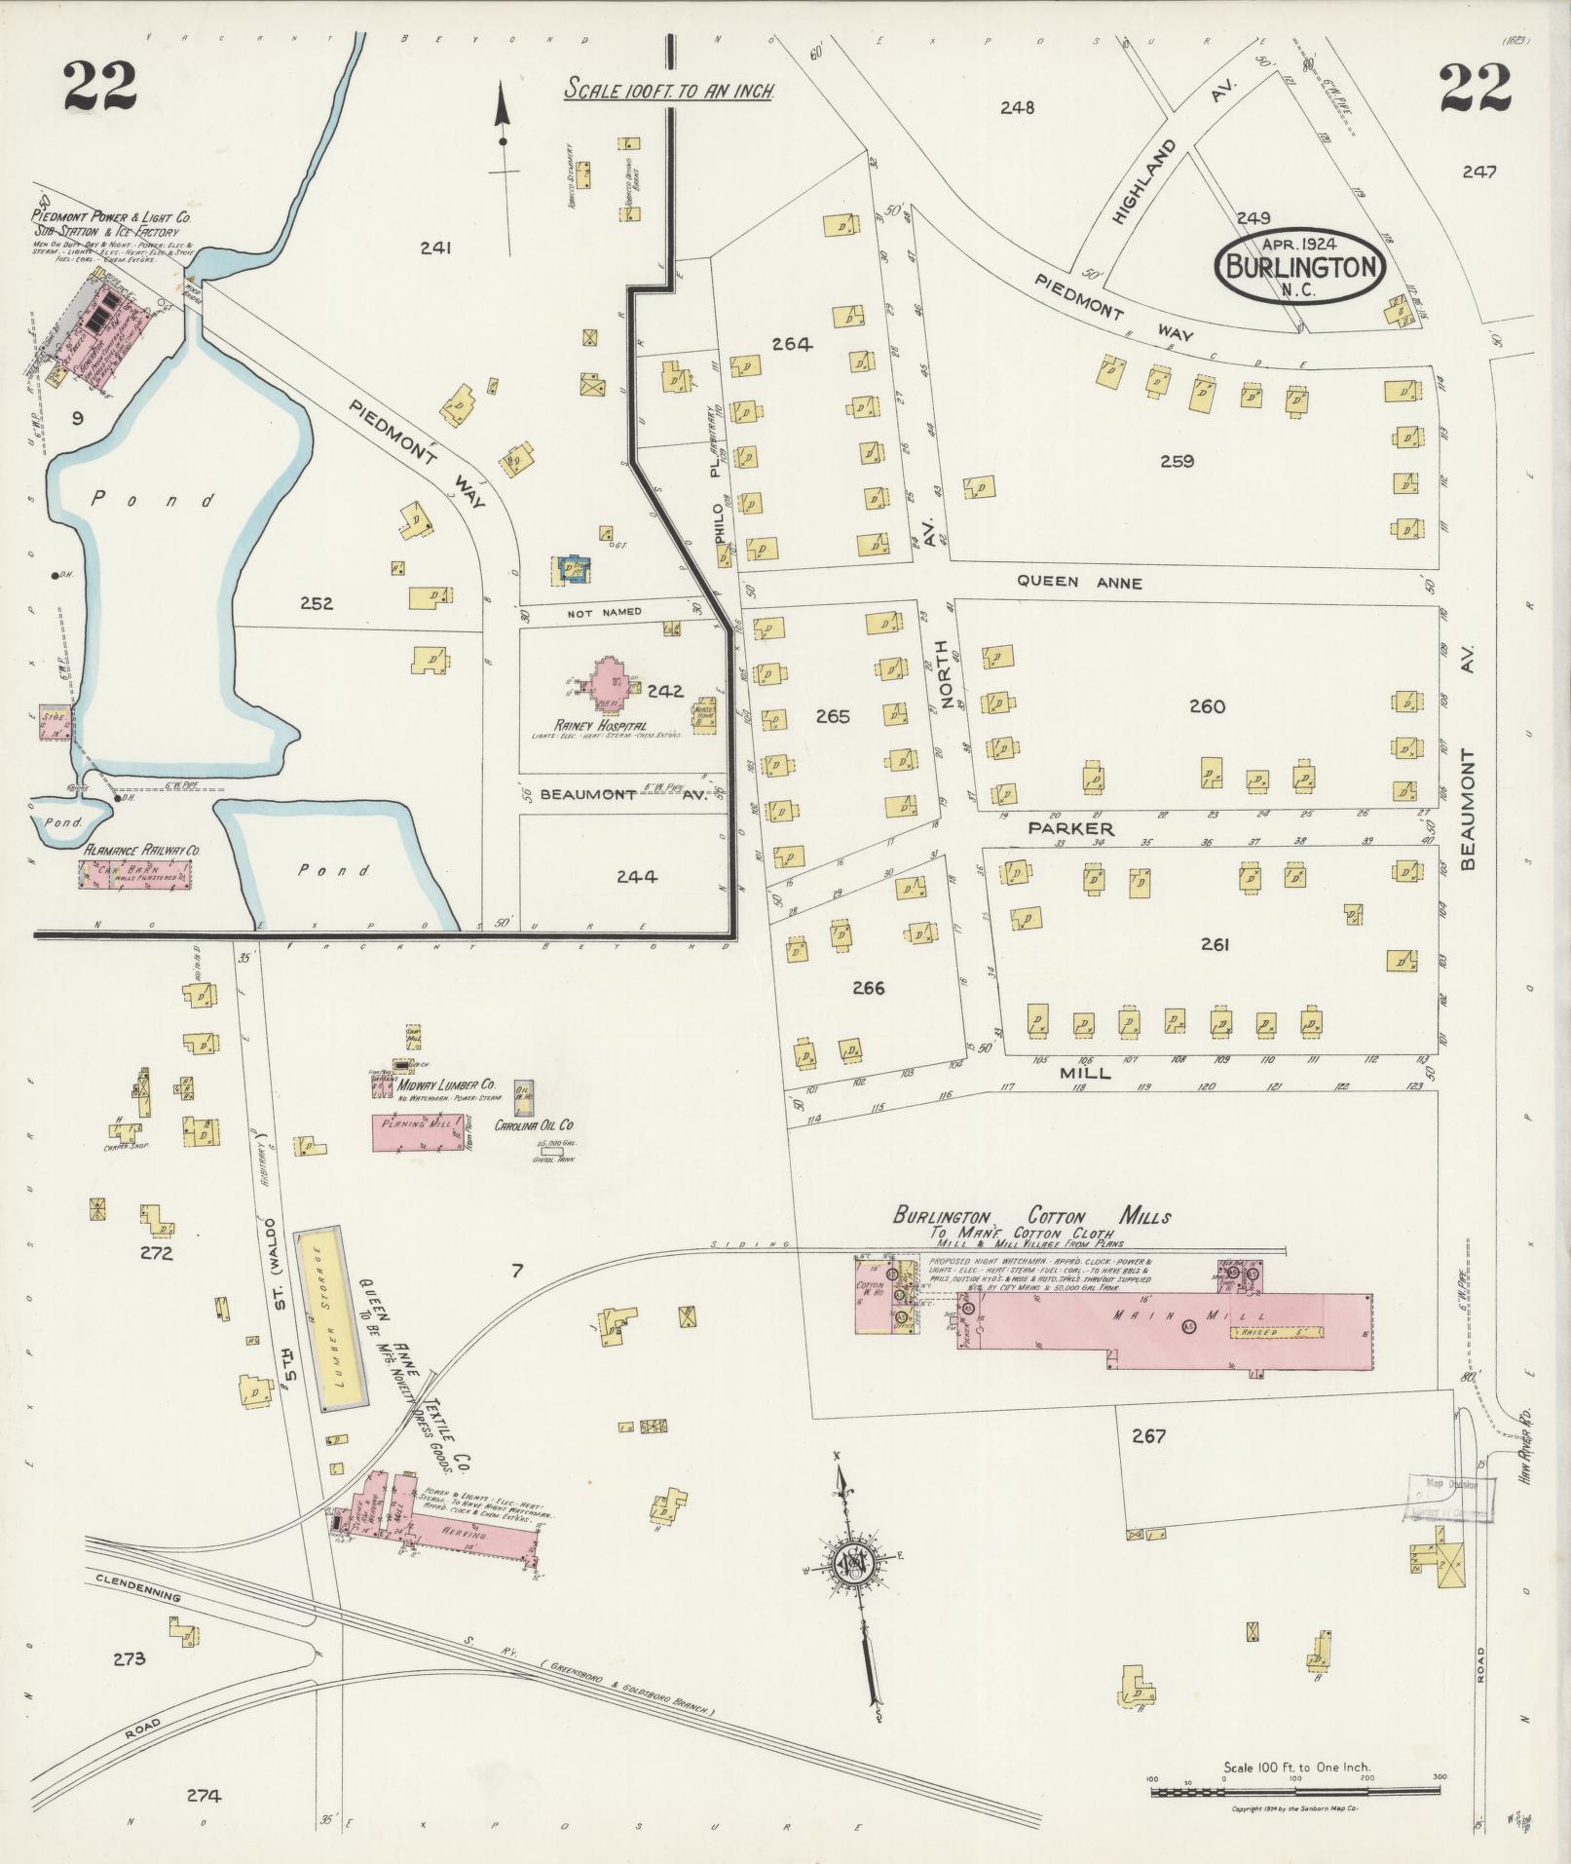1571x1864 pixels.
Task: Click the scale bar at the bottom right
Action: (1295, 1790)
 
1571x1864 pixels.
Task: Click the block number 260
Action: (1206, 706)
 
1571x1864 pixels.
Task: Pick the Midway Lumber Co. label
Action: (448, 1084)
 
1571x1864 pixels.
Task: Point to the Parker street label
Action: (1070, 827)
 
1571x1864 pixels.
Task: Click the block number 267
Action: (1148, 1435)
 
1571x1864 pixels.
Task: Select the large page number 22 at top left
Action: (100, 86)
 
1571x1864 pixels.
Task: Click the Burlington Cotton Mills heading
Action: (1031, 1216)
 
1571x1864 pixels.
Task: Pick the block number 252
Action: (317, 603)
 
